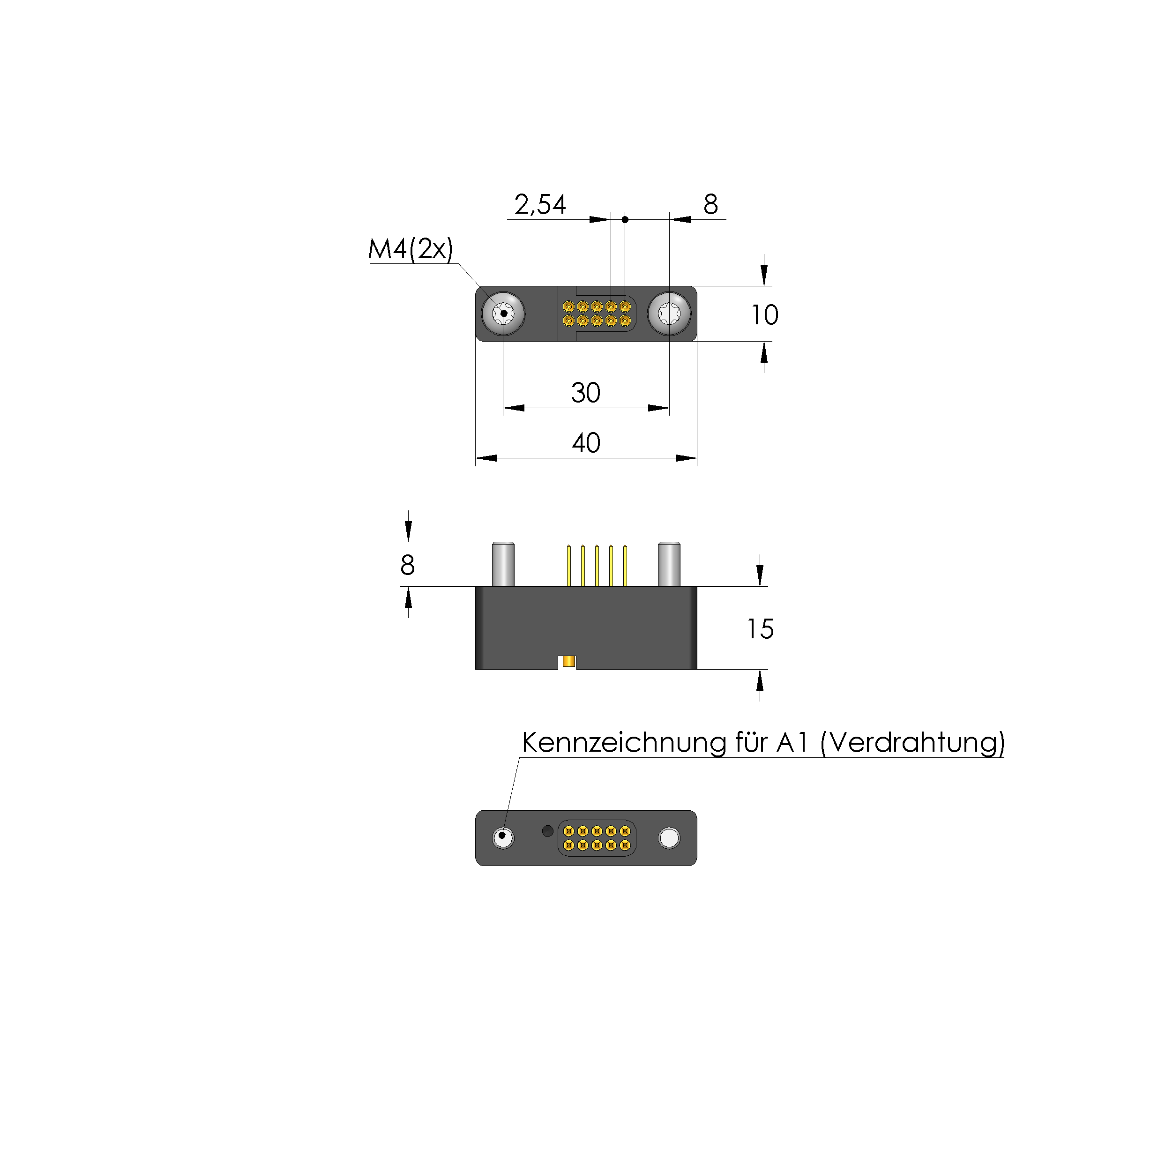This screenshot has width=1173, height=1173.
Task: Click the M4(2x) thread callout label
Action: click(411, 249)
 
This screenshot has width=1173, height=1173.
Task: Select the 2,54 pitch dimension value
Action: click(540, 205)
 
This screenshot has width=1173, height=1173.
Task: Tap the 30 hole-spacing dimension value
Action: click(585, 393)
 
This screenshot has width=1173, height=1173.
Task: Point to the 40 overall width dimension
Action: click(586, 443)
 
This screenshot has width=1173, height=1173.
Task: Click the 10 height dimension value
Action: click(764, 315)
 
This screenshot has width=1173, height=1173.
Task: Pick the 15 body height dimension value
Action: click(760, 629)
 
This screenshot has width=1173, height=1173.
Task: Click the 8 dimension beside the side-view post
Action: click(407, 565)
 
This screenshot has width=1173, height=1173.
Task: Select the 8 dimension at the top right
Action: click(710, 205)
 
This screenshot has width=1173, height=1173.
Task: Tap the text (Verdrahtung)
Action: click(912, 742)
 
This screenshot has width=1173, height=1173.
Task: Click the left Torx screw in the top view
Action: click(503, 314)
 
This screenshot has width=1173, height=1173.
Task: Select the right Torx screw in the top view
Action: click(669, 314)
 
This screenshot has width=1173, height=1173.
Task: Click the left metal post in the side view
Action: click(503, 564)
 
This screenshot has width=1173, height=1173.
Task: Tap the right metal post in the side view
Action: click(669, 564)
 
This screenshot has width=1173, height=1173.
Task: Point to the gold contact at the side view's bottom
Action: click(568, 661)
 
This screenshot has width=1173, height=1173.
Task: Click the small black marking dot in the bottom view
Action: click(547, 830)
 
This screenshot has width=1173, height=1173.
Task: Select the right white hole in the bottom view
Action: click(669, 838)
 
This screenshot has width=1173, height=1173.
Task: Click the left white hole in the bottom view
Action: click(503, 838)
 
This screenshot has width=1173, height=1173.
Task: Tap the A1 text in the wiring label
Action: click(792, 742)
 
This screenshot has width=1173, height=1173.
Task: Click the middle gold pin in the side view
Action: click(597, 565)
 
